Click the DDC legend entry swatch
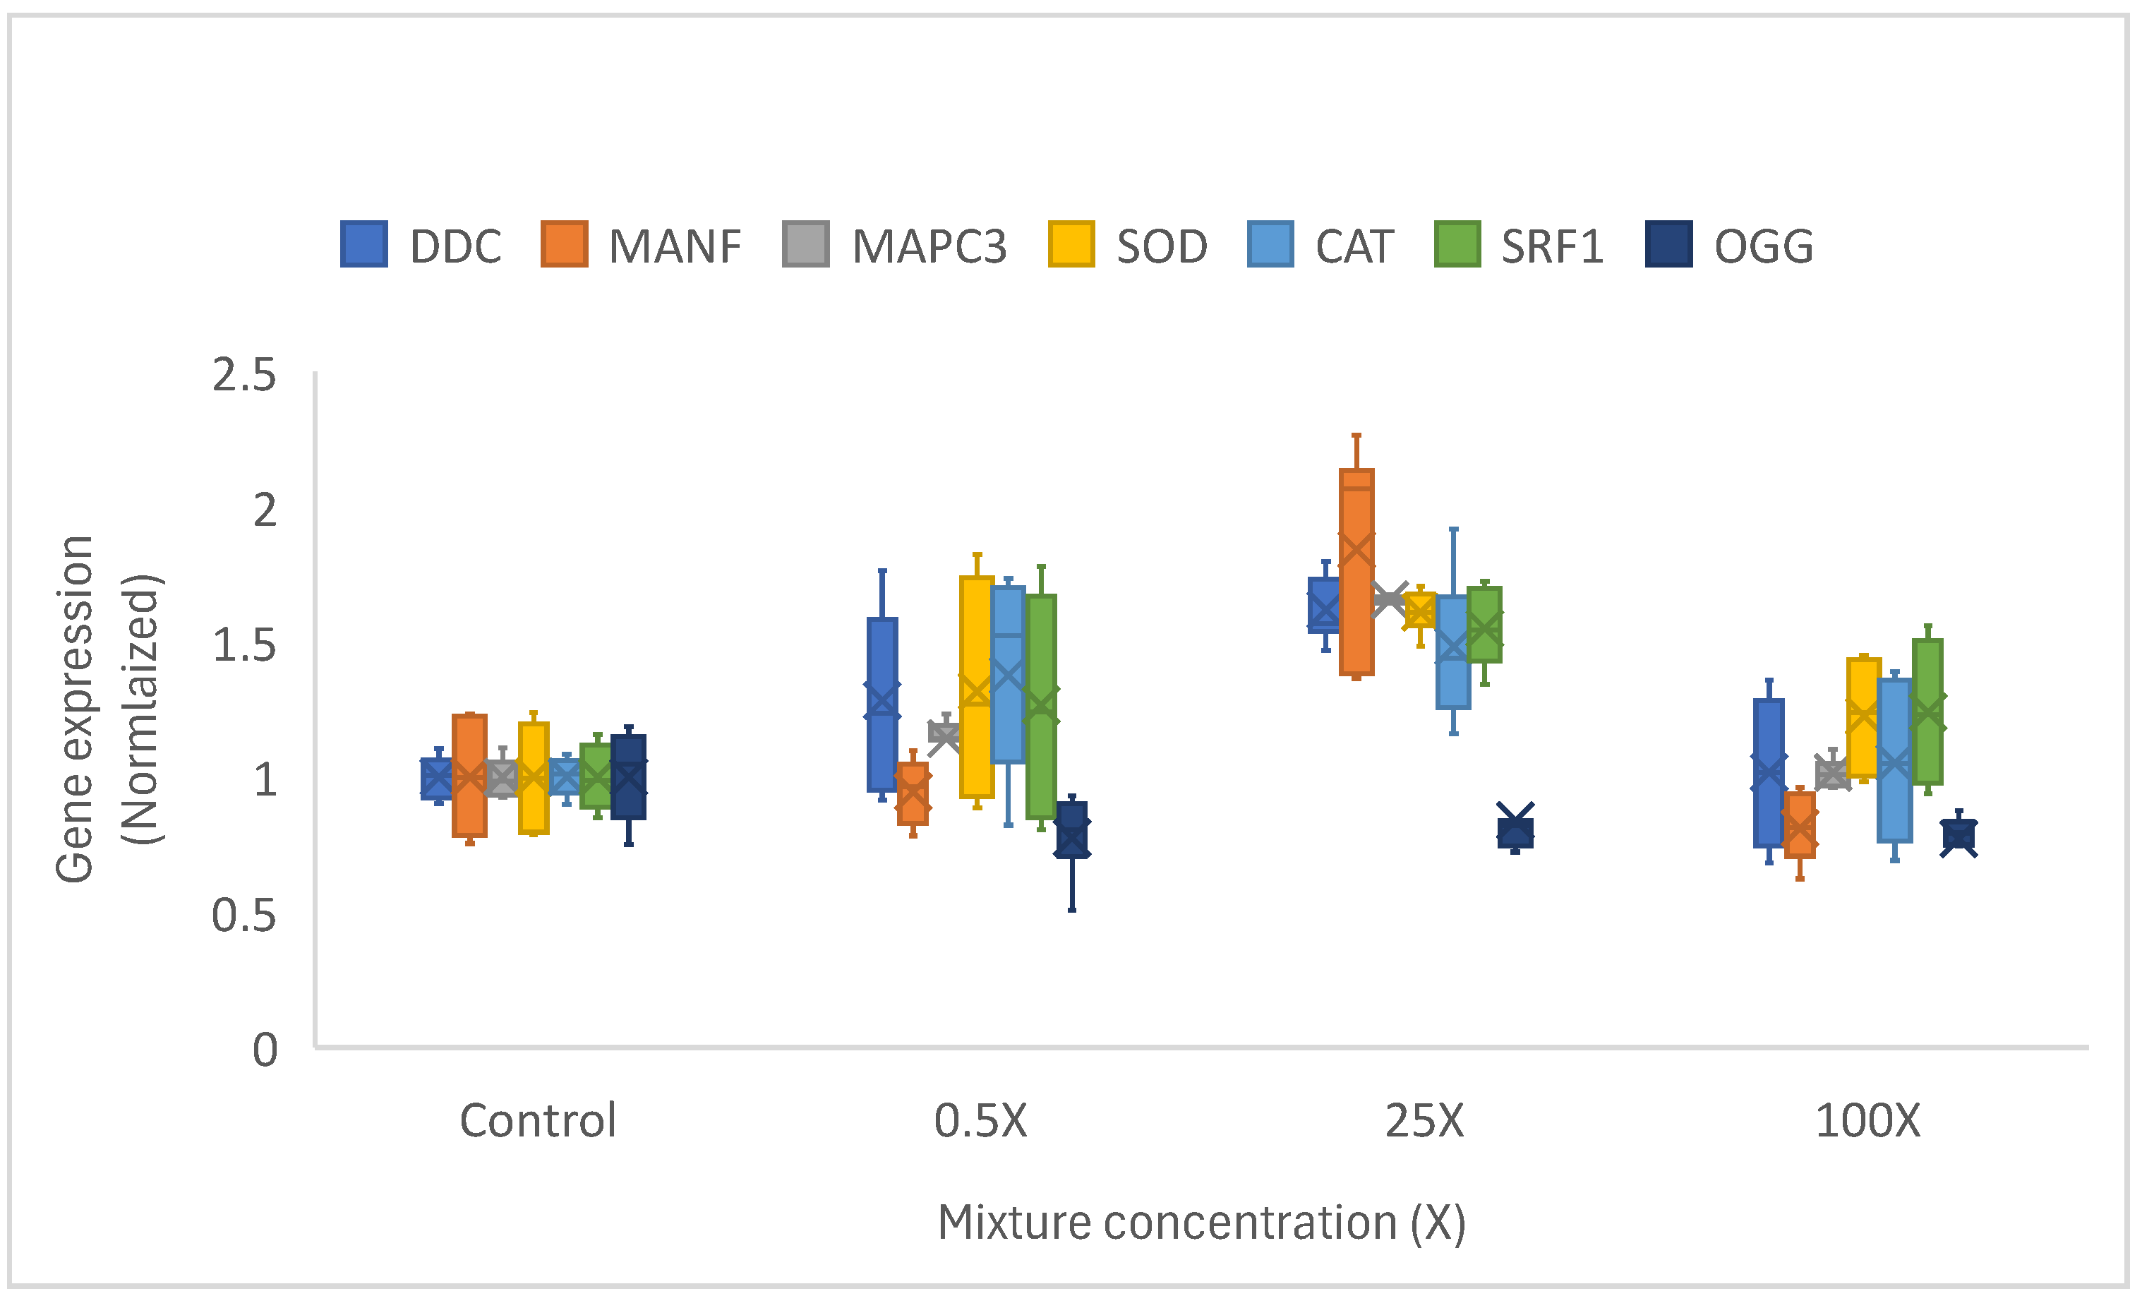(x=363, y=244)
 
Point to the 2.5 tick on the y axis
(x=244, y=376)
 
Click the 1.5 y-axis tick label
(x=244, y=646)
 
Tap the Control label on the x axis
(x=537, y=1120)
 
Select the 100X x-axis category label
(x=1867, y=1120)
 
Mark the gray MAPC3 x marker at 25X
(x=1388, y=599)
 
